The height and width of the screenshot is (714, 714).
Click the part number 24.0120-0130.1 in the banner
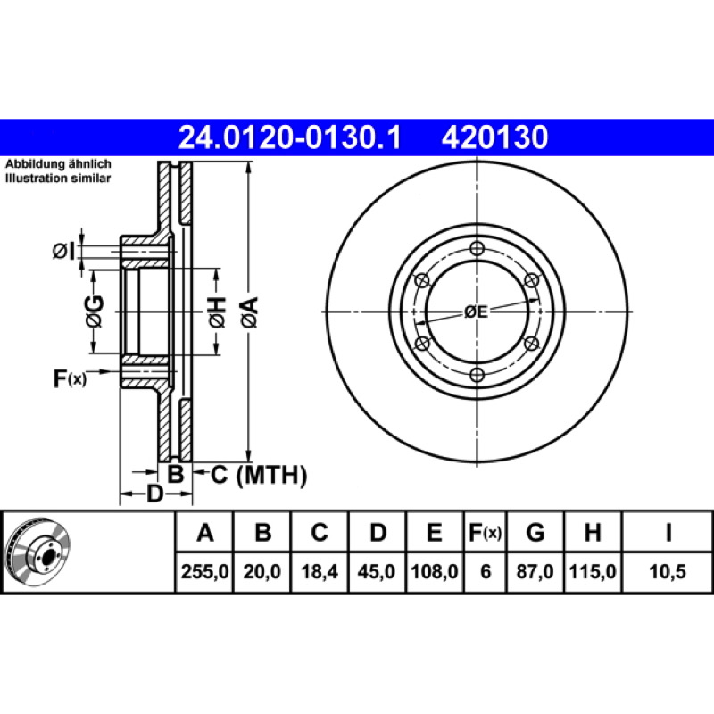tap(289, 137)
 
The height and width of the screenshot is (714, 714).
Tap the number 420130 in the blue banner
tap(494, 137)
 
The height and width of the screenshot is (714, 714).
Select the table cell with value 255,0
tap(204, 571)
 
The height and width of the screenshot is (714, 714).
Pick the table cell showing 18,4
tap(320, 571)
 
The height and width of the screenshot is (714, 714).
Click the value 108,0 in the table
tap(435, 571)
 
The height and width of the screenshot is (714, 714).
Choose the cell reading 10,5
tap(667, 571)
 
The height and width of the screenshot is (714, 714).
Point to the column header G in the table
tap(535, 532)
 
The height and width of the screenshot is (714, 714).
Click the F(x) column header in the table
tap(485, 532)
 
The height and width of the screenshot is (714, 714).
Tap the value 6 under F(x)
tap(486, 571)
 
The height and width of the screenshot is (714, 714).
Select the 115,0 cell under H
tap(593, 571)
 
